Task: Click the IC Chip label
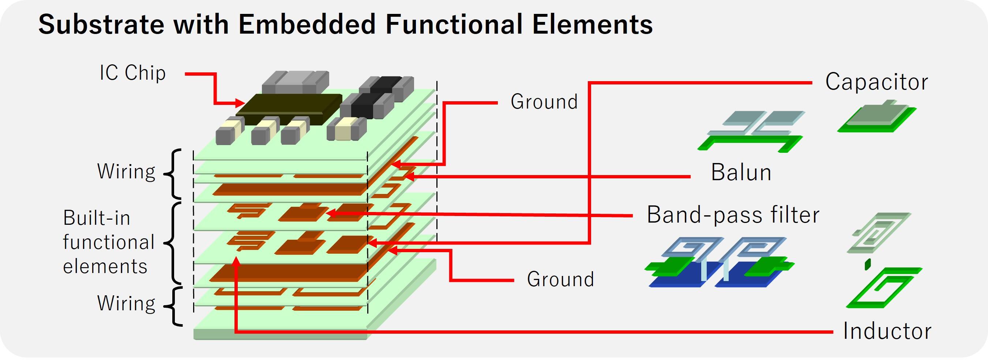tap(132, 73)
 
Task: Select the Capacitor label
tap(876, 82)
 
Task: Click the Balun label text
tap(741, 173)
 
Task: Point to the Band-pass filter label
tap(733, 215)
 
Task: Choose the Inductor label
tap(887, 331)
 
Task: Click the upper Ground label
tap(544, 102)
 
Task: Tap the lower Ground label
tap(560, 279)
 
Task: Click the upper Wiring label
tap(126, 171)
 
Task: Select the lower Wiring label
tap(126, 303)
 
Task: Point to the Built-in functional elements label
tap(109, 242)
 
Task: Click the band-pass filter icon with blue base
tap(717, 265)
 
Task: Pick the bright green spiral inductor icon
tap(882, 288)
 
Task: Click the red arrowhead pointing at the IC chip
tap(240, 103)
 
